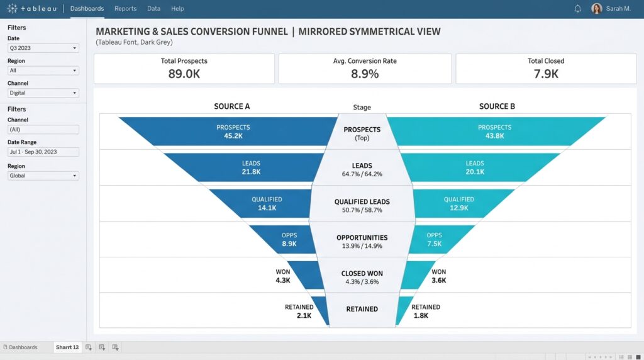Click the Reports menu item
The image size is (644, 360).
coord(125,9)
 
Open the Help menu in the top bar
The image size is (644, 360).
coord(177,9)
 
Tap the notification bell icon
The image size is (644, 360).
coord(577,9)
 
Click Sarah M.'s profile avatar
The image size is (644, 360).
coord(596,9)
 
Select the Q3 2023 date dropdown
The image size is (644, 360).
coord(43,48)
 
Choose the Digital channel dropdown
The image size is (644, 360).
coord(43,93)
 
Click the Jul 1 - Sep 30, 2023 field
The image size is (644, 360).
coord(43,152)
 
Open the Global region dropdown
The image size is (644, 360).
coord(43,176)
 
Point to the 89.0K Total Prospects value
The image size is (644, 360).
coord(184,74)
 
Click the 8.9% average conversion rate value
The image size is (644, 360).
coord(365,74)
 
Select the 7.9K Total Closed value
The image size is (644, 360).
coord(546,74)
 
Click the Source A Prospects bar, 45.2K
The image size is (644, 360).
coord(233,132)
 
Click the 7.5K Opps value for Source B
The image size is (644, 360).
coord(434,244)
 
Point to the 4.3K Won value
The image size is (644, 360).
coord(282,280)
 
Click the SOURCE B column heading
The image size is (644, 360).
coord(497,106)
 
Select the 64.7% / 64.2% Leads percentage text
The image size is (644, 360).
coord(362,174)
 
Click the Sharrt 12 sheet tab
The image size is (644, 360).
coord(67,347)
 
